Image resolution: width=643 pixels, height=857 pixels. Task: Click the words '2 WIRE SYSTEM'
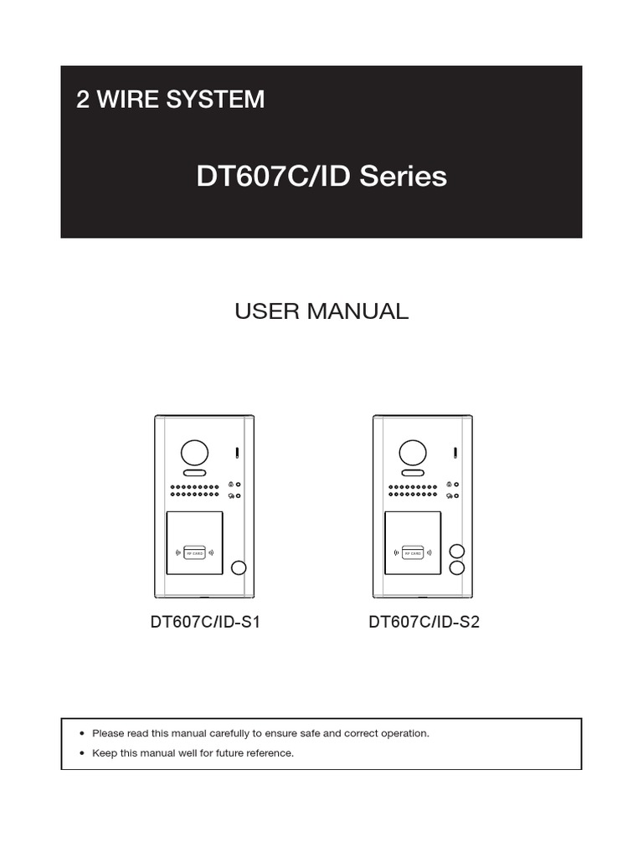[170, 100]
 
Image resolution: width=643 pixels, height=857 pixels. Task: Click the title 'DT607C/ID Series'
[321, 177]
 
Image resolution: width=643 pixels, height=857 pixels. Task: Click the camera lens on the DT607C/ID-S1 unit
[194, 453]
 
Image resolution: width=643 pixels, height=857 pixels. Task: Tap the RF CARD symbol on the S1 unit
[194, 552]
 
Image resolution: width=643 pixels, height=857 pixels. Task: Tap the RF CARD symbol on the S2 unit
[412, 552]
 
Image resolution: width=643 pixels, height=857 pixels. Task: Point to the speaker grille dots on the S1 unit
[194, 490]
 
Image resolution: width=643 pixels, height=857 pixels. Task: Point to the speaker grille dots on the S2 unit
[412, 490]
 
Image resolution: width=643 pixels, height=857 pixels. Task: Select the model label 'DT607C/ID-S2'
[424, 623]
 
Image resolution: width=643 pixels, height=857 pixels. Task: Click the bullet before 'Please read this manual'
[81, 733]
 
